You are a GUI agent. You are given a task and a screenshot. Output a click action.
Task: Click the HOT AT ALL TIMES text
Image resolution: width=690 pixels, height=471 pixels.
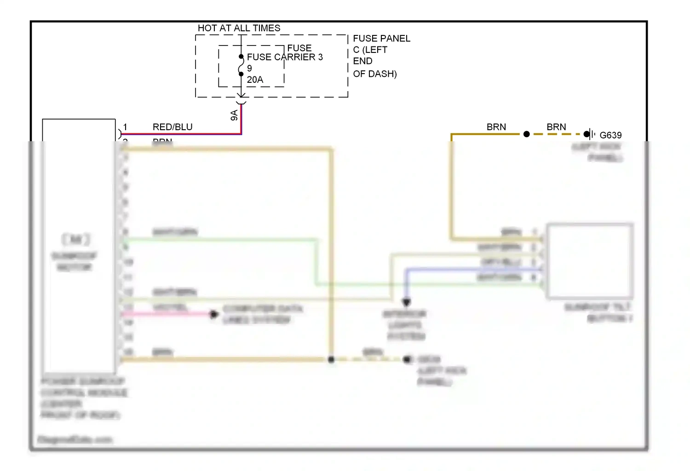[239, 28]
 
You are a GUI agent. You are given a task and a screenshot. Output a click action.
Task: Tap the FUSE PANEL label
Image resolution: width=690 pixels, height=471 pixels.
[381, 39]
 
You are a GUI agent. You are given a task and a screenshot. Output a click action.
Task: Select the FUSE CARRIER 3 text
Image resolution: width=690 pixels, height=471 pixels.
[285, 57]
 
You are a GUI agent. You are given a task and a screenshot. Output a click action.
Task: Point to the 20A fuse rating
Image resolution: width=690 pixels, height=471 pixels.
[255, 80]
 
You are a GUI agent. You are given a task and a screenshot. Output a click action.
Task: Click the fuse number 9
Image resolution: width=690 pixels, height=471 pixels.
[249, 68]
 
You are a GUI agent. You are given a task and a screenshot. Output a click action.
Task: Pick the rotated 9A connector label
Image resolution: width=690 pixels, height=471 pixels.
[234, 115]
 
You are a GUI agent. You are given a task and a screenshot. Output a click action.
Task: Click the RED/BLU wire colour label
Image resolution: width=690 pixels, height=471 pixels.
[172, 127]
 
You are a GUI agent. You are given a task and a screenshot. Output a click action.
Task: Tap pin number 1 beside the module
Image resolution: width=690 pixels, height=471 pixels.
[125, 127]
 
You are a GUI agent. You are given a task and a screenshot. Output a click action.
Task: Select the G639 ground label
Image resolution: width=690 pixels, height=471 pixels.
[610, 135]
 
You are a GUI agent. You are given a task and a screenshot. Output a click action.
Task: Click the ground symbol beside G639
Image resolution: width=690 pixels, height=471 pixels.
[590, 134]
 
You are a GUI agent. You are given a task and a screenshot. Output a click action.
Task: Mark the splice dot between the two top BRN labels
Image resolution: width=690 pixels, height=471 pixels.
[527, 134]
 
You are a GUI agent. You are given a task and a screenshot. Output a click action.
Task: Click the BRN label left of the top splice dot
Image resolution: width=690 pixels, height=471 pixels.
[496, 127]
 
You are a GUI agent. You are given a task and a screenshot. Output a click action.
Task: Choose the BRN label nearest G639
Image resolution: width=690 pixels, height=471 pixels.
[556, 127]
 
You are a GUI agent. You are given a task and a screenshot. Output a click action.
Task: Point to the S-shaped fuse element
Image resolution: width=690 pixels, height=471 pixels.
[241, 65]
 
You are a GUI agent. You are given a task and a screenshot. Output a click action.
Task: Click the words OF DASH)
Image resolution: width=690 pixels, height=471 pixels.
[375, 74]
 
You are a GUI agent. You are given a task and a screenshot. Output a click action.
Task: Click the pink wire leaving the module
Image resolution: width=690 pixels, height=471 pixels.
[166, 314]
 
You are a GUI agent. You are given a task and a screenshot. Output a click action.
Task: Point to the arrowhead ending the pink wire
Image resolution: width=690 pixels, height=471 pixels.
[213, 314]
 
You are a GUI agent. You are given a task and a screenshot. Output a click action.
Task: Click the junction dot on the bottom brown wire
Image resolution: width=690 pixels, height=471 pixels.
[331, 359]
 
